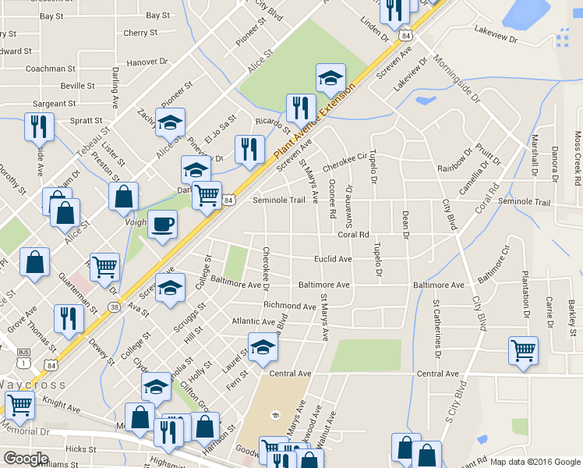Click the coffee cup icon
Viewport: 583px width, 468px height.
(162, 225)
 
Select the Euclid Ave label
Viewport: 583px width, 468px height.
(333, 259)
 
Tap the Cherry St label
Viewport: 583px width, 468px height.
(140, 33)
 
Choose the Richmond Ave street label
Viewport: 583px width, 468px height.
(289, 305)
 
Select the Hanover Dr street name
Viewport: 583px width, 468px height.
(147, 61)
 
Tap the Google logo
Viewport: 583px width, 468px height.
(25, 458)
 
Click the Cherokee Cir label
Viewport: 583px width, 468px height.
(344, 161)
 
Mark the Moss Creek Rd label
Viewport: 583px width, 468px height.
(578, 158)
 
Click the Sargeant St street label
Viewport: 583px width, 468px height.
(54, 103)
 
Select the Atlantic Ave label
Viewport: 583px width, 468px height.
(253, 321)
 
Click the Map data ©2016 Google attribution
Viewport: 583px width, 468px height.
(534, 461)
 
